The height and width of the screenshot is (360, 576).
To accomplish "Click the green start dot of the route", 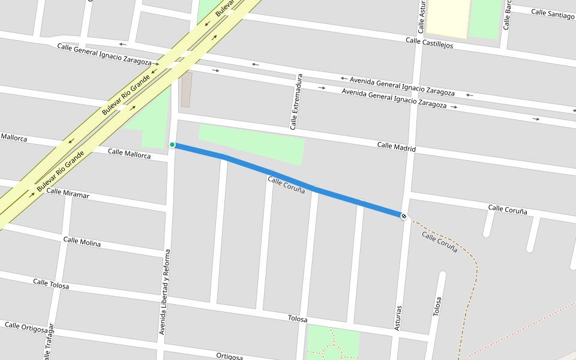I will [172, 145].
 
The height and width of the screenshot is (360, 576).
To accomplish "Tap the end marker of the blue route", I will [404, 216].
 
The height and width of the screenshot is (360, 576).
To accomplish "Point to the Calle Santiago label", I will [552, 13].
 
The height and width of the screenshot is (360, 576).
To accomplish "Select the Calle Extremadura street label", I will [295, 102].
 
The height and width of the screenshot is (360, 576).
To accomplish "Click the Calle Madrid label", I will [396, 146].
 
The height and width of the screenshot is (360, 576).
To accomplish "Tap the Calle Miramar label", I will [68, 194].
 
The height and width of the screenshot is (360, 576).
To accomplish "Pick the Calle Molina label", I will [82, 242].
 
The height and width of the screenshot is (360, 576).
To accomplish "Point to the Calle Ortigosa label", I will [26, 327].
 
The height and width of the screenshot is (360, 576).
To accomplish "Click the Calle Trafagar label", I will [49, 345].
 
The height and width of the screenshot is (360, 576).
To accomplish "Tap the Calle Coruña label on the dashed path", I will [440, 242].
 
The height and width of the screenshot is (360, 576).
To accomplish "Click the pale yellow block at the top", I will [448, 17].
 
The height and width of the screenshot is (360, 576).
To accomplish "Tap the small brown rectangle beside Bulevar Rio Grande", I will [186, 89].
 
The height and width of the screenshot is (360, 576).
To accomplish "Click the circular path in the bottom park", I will [331, 352].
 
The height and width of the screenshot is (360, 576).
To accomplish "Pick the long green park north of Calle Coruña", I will [252, 144].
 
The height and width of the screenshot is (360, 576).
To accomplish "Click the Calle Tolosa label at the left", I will [51, 283].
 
